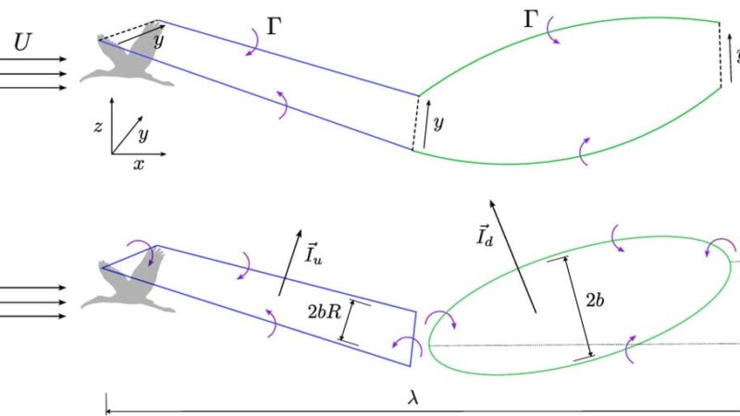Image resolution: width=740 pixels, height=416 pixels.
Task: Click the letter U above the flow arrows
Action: (22, 43)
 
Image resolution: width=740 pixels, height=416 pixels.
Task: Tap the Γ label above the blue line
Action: (274, 27)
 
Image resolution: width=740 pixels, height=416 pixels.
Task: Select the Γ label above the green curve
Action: (531, 19)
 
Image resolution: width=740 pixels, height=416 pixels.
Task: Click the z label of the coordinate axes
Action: (98, 127)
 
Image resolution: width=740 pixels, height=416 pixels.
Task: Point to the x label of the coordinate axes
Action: (138, 165)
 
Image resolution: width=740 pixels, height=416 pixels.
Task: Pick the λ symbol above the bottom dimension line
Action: (413, 398)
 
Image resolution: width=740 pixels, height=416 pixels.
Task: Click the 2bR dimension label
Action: (325, 312)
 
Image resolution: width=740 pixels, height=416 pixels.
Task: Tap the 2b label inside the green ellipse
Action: (595, 300)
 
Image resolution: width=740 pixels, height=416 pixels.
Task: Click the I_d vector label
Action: (485, 235)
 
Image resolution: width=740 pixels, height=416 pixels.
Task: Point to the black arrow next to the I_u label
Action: (290, 263)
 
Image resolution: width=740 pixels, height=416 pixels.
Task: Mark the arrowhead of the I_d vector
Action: (492, 202)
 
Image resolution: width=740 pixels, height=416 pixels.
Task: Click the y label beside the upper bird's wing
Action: (159, 41)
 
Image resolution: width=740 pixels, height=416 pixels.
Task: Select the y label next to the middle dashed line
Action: (438, 124)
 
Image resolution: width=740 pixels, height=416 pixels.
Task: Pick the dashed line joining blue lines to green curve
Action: (415, 123)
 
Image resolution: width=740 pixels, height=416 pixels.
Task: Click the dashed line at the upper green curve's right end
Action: (721, 55)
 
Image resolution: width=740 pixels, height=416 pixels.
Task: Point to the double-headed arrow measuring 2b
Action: (570, 309)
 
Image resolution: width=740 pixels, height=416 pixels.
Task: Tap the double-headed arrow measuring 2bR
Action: (349, 323)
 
